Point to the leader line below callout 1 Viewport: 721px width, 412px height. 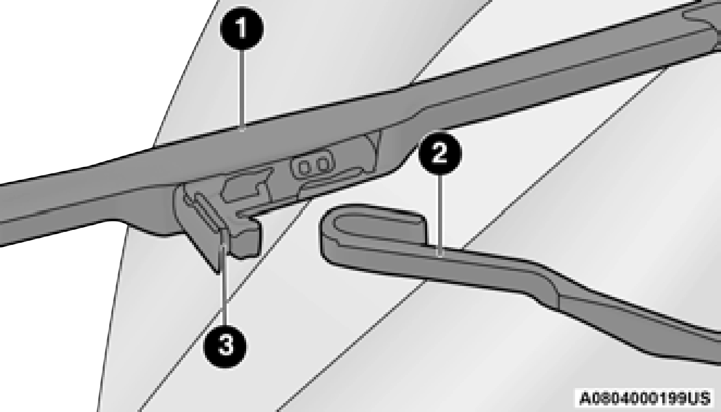(243, 90)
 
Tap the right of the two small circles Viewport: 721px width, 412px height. (323, 164)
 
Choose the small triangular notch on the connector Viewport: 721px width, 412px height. (372, 141)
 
